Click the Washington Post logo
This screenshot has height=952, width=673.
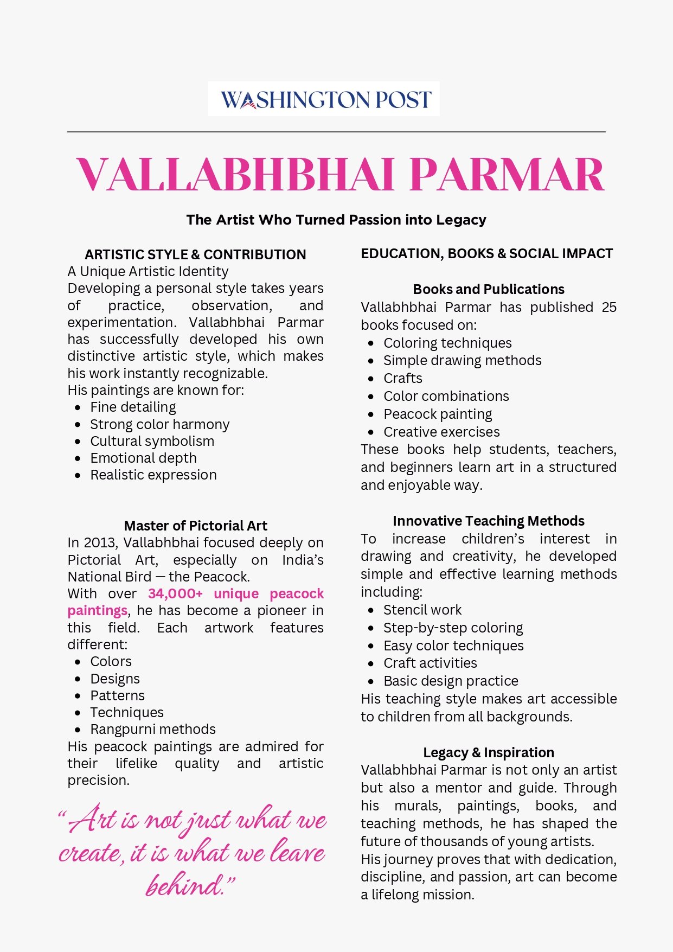[324, 99]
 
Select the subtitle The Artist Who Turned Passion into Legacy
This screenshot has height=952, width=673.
[336, 220]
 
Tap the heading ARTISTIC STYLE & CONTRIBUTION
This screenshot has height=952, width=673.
[195, 254]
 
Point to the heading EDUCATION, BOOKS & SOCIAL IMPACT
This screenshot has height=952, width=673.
[486, 253]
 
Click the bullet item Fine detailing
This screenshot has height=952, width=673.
[133, 407]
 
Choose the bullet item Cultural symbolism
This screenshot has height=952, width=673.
[152, 441]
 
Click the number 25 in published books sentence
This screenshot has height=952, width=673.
[608, 307]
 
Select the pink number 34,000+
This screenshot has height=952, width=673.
[175, 593]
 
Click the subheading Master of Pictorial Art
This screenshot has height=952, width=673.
[195, 526]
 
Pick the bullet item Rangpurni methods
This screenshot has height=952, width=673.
[153, 729]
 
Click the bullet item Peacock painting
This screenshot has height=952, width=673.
[438, 414]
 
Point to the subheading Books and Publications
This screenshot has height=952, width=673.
[489, 289]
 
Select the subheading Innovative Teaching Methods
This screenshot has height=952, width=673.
[489, 521]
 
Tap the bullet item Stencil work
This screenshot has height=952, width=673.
[422, 610]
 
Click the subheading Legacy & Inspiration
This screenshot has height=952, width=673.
[489, 752]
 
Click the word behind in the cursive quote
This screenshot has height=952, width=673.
[184, 885]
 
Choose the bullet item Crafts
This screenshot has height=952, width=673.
[403, 378]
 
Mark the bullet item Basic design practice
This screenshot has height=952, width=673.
[451, 681]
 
